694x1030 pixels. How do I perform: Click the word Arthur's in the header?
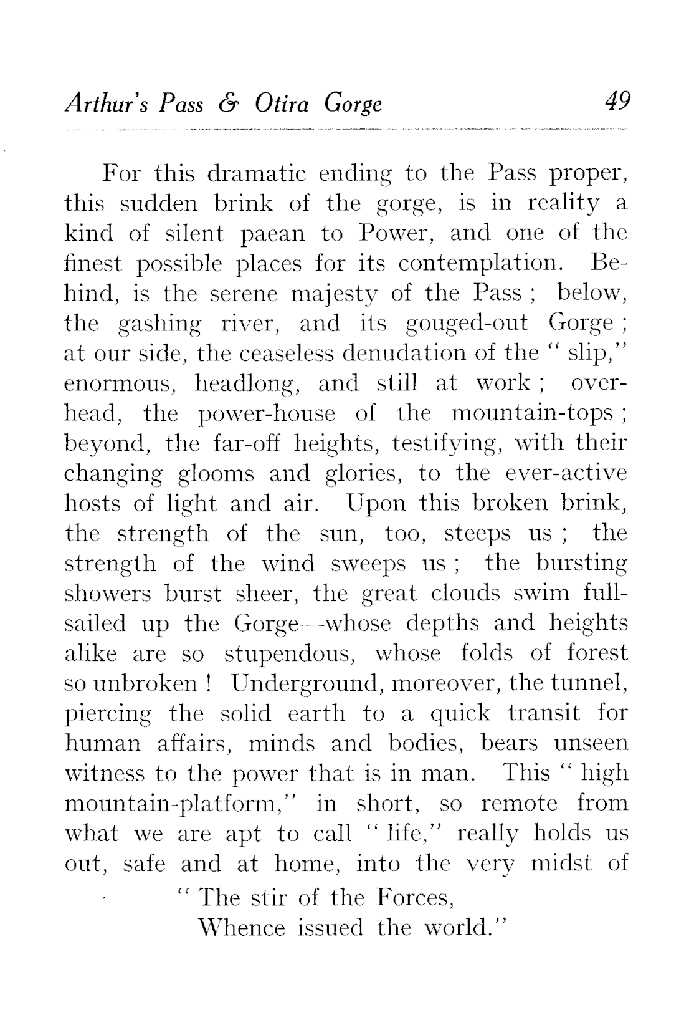(x=104, y=103)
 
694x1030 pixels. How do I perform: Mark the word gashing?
(x=160, y=324)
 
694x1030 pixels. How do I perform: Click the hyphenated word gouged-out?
(x=466, y=324)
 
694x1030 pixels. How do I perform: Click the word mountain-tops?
(x=535, y=413)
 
